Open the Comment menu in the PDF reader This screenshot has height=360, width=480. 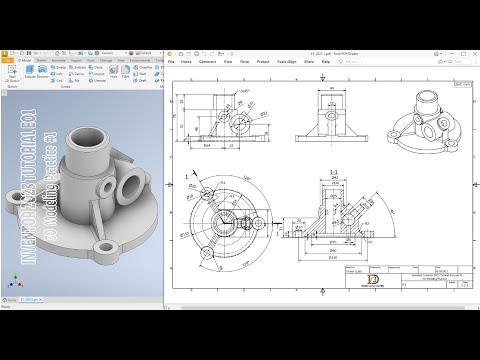pyautogui.click(x=208, y=61)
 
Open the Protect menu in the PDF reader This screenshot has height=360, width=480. pyautogui.click(x=263, y=61)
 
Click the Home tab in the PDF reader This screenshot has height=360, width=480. pyautogui.click(x=186, y=61)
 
